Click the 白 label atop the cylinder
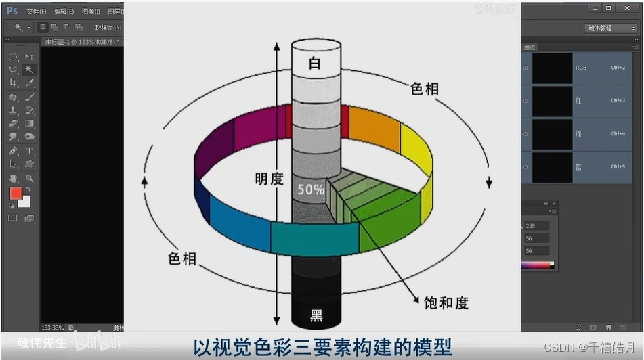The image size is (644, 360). pos(314,64)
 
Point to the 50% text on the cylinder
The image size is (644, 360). pos(311,189)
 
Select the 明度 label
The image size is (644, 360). pos(269,179)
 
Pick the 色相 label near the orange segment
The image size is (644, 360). pos(425,89)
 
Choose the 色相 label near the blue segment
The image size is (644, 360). pos(181,258)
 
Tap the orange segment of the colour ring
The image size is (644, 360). pos(374,129)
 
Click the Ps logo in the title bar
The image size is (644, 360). pos(12,11)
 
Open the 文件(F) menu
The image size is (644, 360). pos(37,12)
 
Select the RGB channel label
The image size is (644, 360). pos(580,68)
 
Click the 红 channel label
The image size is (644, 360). pos(578,101)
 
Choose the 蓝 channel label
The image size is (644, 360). pos(578,166)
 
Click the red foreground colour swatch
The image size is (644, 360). pos(16,194)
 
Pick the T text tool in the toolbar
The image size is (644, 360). pos(30,150)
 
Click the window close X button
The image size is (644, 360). pos(627,9)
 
